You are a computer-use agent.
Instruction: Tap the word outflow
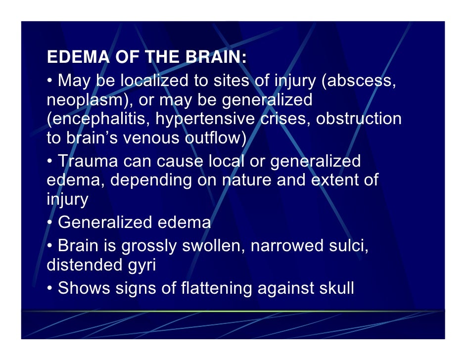tap(214, 138)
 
